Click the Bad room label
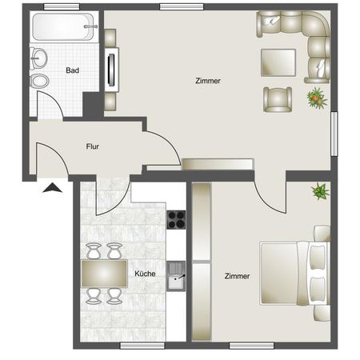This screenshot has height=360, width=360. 72,70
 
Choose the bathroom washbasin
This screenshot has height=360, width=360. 38,58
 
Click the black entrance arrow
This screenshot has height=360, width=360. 51,189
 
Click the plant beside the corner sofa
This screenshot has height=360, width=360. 317,98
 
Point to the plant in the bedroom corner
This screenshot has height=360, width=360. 320,191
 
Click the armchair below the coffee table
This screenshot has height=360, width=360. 277,98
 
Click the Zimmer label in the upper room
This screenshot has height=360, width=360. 208,81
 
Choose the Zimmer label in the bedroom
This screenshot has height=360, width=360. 237,276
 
